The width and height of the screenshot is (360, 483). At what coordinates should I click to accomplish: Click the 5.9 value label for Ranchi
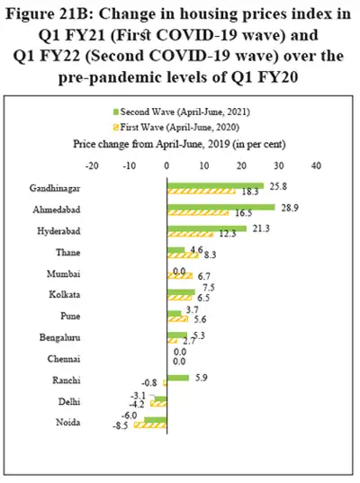point(200,378)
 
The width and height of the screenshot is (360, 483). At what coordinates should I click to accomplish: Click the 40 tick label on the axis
point(315,165)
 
